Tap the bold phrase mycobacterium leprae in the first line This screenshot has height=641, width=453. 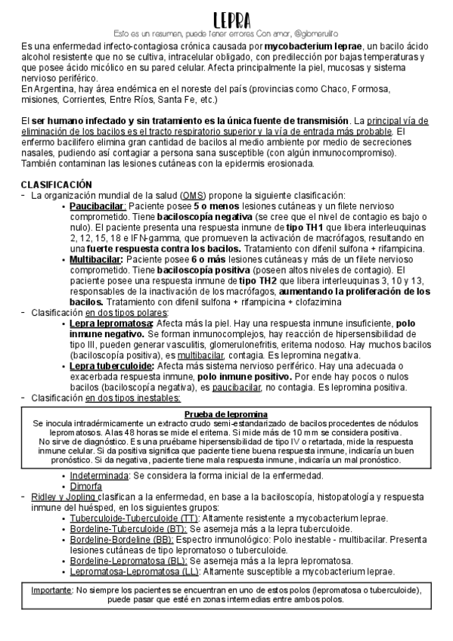coord(313,47)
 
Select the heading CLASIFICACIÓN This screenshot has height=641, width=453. coord(56,184)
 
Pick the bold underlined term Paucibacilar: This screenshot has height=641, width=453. coord(98,206)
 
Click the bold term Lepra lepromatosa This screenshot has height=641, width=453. coord(110,323)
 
